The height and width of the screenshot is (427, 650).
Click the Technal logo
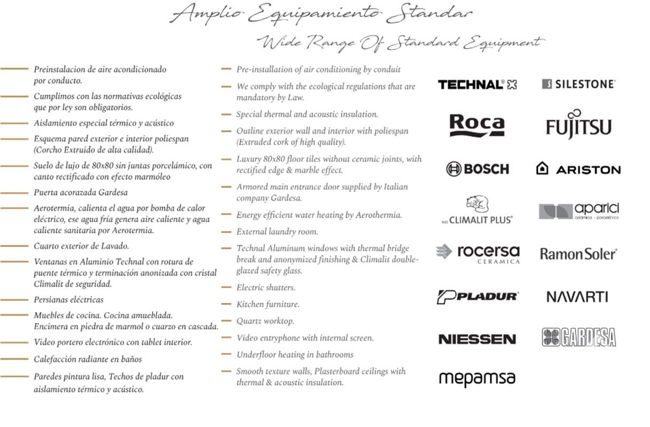[477, 84]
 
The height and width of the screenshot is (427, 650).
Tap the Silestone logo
[578, 84]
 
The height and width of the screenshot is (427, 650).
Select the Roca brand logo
[477, 125]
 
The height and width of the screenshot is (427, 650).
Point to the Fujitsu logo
[578, 125]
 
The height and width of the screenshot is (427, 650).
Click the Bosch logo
[477, 169]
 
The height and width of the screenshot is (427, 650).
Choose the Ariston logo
[578, 169]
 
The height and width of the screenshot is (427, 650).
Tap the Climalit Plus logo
[477, 210]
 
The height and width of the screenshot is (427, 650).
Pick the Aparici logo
[579, 211]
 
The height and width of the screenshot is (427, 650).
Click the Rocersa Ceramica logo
[477, 254]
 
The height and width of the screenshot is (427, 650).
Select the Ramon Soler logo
[578, 254]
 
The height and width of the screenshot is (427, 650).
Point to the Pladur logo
[477, 297]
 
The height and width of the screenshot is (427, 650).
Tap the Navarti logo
[577, 297]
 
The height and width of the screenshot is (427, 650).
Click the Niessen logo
[477, 339]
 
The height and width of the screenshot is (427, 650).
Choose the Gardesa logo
[579, 337]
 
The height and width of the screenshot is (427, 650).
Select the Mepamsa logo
[477, 378]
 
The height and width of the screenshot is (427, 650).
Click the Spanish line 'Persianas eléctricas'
[68, 300]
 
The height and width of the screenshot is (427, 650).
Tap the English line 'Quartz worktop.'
[265, 321]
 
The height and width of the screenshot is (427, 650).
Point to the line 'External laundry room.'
[277, 232]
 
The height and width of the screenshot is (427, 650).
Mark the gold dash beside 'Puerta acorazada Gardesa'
[14, 193]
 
